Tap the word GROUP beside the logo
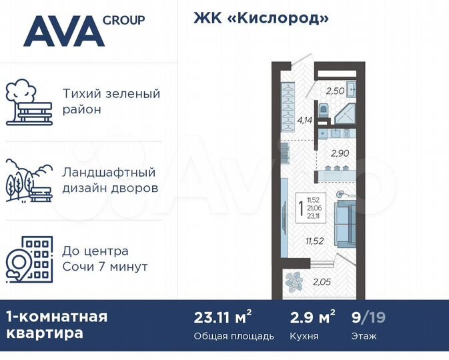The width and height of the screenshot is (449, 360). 123,20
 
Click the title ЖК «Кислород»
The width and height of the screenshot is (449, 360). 262,18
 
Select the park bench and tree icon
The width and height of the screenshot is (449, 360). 29,103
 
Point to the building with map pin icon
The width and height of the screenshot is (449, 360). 29,257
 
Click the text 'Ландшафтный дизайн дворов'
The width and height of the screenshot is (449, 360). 110,179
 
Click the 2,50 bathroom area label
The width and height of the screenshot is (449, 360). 335,91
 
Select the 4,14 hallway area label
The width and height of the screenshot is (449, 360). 305,121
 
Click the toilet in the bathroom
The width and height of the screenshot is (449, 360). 323,110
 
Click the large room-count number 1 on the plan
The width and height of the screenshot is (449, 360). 302,209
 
